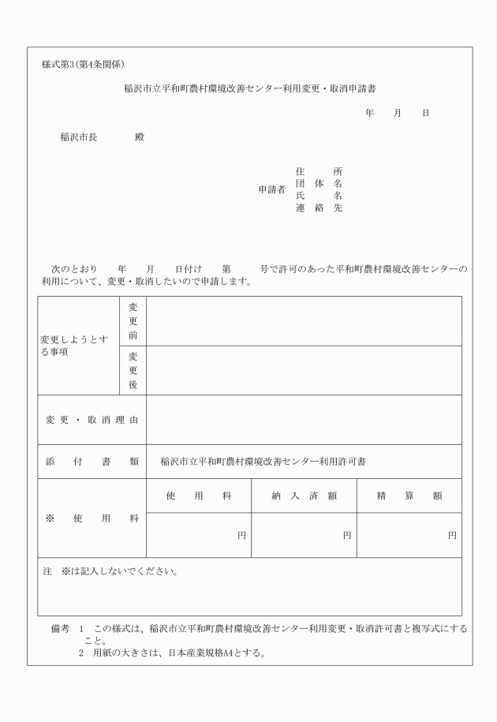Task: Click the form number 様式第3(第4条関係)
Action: (83, 64)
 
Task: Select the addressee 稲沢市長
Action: (79, 137)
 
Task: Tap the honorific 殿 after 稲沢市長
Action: (140, 137)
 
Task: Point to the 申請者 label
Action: (271, 189)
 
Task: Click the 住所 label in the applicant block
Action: (318, 171)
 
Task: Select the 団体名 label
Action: (318, 184)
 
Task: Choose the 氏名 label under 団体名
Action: (318, 196)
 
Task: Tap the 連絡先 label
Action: (318, 208)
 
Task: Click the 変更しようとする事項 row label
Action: (75, 346)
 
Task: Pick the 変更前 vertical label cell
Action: (133, 321)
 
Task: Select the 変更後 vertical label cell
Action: (133, 370)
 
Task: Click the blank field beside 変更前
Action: (304, 321)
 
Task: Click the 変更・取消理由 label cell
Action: (92, 420)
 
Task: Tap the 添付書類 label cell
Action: (92, 462)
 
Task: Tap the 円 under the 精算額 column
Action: (452, 535)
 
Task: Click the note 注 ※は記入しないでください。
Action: (110, 571)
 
